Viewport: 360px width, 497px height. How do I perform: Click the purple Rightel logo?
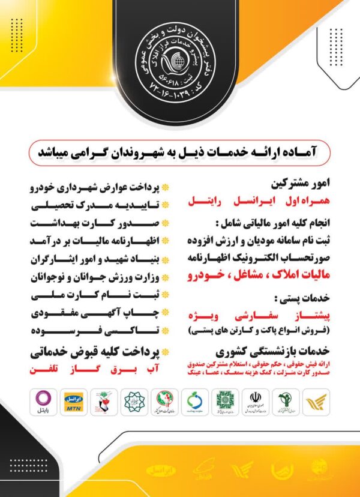(x=44, y=403)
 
